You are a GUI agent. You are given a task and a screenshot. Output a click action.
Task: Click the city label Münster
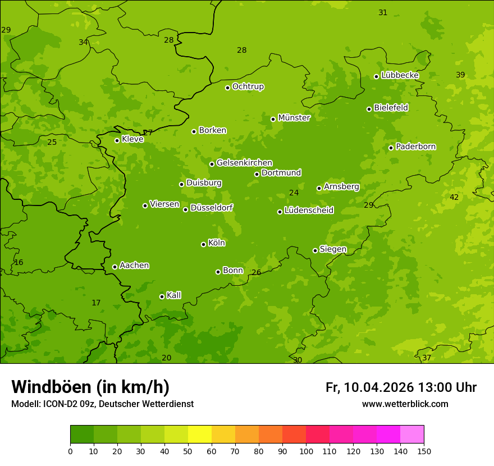pos(294,118)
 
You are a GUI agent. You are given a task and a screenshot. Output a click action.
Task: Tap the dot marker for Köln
pos(203,244)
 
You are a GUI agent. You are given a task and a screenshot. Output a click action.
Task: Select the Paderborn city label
pos(415,147)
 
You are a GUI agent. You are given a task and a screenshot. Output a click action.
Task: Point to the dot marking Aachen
pos(115,267)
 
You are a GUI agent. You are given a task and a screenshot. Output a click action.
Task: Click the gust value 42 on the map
pos(454,197)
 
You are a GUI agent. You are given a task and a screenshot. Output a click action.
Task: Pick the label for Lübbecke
pos(400,75)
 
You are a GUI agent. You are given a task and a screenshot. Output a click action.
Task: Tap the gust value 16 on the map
pos(19,262)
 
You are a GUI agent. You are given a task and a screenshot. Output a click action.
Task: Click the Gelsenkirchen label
pos(244,163)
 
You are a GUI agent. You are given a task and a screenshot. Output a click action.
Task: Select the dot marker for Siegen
pos(315,250)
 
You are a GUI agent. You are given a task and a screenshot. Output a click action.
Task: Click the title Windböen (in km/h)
pos(90,387)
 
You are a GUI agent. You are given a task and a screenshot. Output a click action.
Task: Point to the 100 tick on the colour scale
pos(306,451)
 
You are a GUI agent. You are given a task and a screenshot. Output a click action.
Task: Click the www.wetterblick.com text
pos(405,404)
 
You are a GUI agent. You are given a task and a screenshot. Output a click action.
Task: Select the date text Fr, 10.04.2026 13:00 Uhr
pos(401,387)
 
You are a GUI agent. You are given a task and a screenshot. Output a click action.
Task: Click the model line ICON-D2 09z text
pos(102,404)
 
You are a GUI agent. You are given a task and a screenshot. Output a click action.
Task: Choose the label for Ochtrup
pos(248,86)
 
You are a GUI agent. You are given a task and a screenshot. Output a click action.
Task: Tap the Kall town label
pos(173,295)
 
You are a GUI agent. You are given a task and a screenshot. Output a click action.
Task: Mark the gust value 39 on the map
pos(460,75)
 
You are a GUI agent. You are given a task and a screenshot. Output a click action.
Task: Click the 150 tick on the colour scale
pos(424,451)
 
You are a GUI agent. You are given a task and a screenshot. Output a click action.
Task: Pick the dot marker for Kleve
pos(117,140)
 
